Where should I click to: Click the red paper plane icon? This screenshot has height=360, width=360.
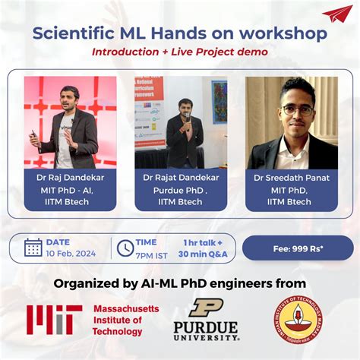[336, 14]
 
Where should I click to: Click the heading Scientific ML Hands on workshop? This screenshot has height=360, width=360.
[179, 34]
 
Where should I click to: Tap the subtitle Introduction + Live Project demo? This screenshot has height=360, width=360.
[180, 52]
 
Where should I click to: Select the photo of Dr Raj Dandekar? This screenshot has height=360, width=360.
[70, 122]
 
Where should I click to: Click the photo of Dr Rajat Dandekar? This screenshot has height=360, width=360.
[181, 122]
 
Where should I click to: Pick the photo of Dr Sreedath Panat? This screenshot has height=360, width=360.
[292, 122]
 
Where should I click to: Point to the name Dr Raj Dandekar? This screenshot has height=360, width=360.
[70, 177]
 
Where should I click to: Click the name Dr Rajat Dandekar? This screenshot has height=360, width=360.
[181, 177]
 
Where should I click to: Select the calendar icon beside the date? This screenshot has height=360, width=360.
[33, 248]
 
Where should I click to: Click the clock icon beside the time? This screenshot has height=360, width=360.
[125, 248]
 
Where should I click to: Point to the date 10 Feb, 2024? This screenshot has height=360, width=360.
[71, 253]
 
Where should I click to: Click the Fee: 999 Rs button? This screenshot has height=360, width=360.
[307, 248]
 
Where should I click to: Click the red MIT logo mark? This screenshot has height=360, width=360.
[53, 320]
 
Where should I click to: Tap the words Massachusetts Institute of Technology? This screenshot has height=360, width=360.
[125, 320]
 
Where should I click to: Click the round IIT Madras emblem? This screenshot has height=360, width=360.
[298, 319]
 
